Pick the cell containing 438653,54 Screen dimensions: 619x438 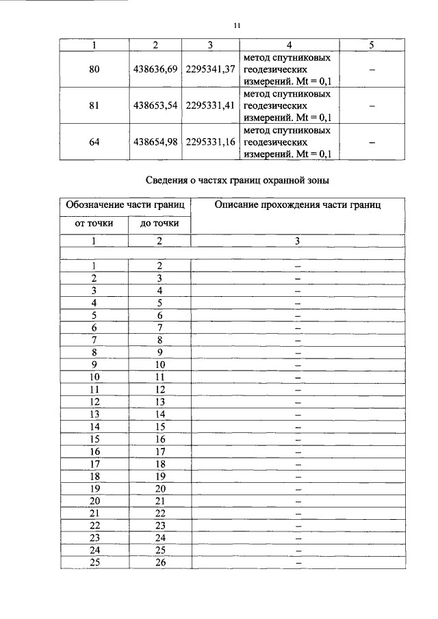point(156,106)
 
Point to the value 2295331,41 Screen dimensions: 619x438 point(210,106)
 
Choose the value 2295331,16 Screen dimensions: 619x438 point(210,142)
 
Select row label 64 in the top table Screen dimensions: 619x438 point(94,142)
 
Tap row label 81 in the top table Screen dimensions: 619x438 point(94,106)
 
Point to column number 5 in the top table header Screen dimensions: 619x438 point(371,44)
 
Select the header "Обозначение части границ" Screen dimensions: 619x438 point(125,205)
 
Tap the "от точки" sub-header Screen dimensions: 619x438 point(94,223)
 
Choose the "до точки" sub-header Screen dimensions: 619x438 point(159,223)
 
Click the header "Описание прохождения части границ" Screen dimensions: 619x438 point(298,205)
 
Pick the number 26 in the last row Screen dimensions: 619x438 point(159,562)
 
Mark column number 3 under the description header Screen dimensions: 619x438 point(298,240)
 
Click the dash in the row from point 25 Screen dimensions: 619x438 point(298,562)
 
